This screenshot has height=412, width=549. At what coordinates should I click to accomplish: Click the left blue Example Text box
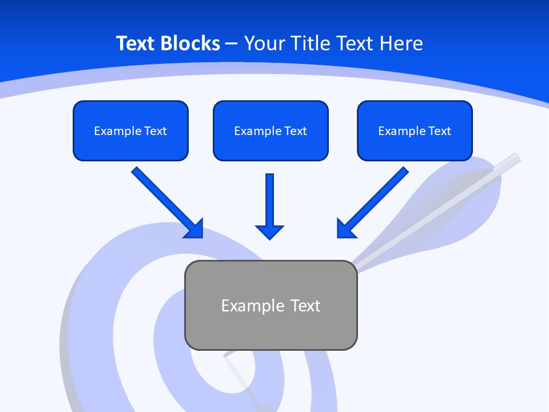pyautogui.click(x=130, y=130)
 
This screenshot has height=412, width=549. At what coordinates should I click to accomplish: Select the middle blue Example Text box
pyautogui.click(x=270, y=130)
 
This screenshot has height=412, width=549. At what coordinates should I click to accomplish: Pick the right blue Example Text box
pyautogui.click(x=415, y=130)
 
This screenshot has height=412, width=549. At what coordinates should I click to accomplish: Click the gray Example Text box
pyautogui.click(x=270, y=305)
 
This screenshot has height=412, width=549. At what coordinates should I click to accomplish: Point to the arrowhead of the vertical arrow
pyautogui.click(x=269, y=231)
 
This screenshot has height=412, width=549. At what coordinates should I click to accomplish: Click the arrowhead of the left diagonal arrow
pyautogui.click(x=194, y=228)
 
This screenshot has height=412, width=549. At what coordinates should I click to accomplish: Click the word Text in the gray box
pyautogui.click(x=305, y=306)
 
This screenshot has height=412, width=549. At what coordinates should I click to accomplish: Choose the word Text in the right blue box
pyautogui.click(x=440, y=131)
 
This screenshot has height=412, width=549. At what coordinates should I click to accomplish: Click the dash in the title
pyautogui.click(x=232, y=43)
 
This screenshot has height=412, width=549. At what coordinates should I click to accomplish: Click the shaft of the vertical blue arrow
pyautogui.click(x=269, y=197)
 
